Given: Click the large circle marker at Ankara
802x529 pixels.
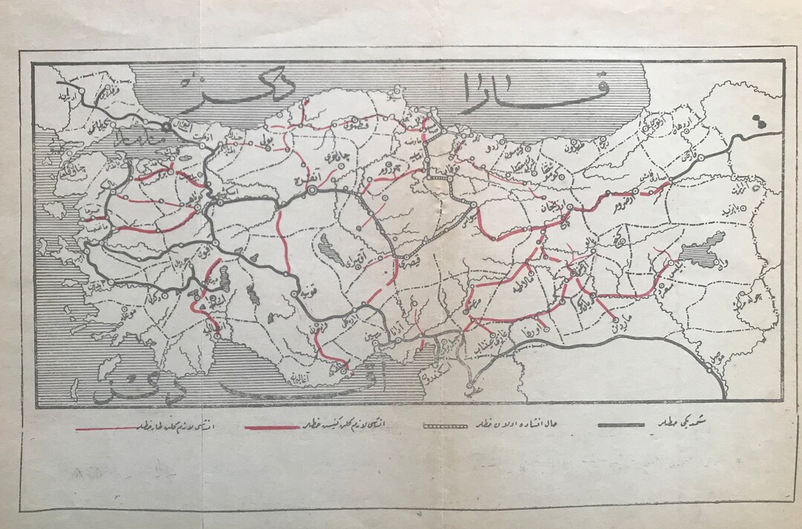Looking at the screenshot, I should (x=312, y=191).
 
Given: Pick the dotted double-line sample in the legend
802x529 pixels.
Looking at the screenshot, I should (x=444, y=426).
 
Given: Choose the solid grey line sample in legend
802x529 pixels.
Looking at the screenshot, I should (x=620, y=424).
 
